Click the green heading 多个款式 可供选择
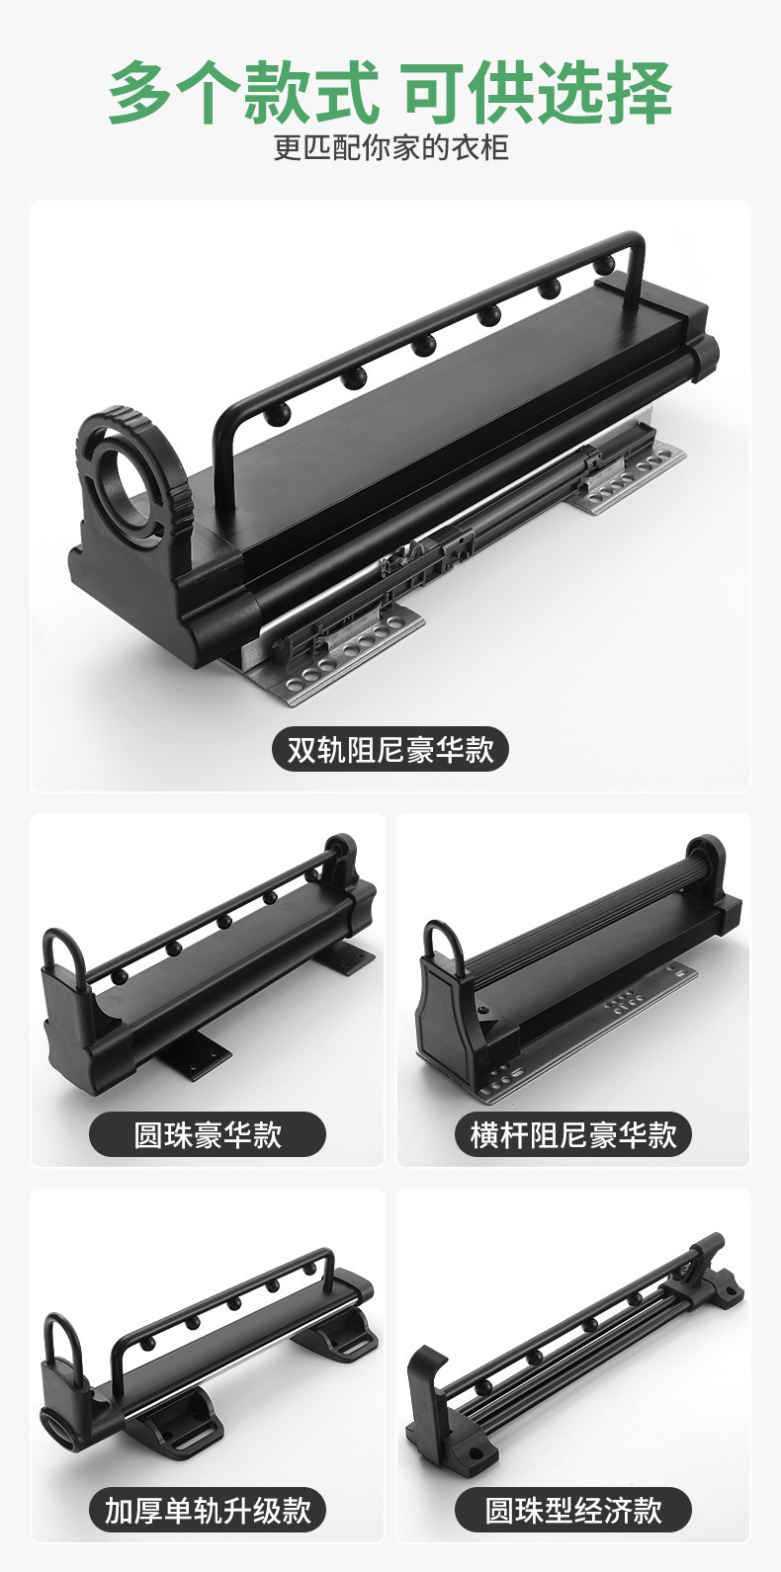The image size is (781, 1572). (390, 93)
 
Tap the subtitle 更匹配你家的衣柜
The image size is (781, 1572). (391, 147)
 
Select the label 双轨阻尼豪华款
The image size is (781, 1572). (390, 750)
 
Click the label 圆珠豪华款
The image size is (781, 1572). (208, 1135)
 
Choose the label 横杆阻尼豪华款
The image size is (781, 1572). (573, 1135)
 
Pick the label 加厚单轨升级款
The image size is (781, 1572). (208, 1510)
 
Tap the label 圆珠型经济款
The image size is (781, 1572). (573, 1510)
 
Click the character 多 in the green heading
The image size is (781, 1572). (141, 93)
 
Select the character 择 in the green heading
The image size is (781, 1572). (639, 93)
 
